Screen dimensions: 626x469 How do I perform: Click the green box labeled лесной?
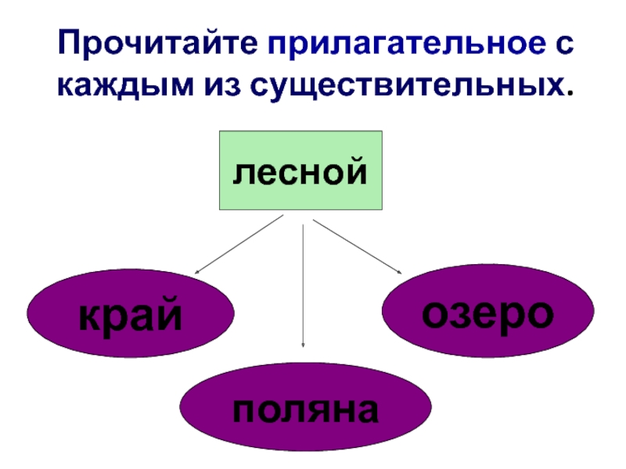pos(300,170)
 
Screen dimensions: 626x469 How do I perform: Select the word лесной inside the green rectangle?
pos(300,170)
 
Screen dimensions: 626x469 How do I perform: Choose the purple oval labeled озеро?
pos(487,311)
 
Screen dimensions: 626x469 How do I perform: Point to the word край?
pos(131,316)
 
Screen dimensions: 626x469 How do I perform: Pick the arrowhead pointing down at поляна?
pos(303,344)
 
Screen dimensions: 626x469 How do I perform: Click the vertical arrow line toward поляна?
pos(303,281)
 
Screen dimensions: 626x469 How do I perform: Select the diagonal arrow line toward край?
pos(239,245)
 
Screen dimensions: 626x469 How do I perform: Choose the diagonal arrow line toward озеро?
pos(356,246)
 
